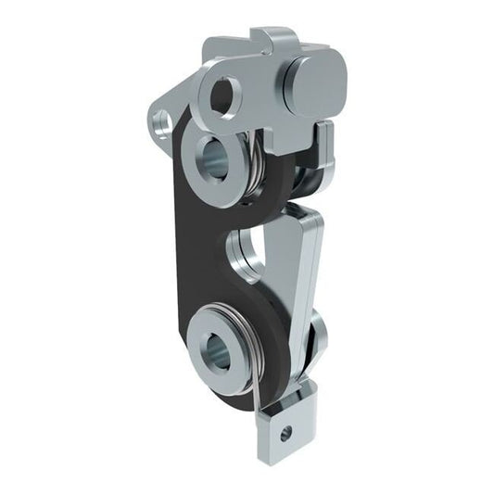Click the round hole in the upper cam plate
224,95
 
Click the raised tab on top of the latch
278,41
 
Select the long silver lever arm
301,278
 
